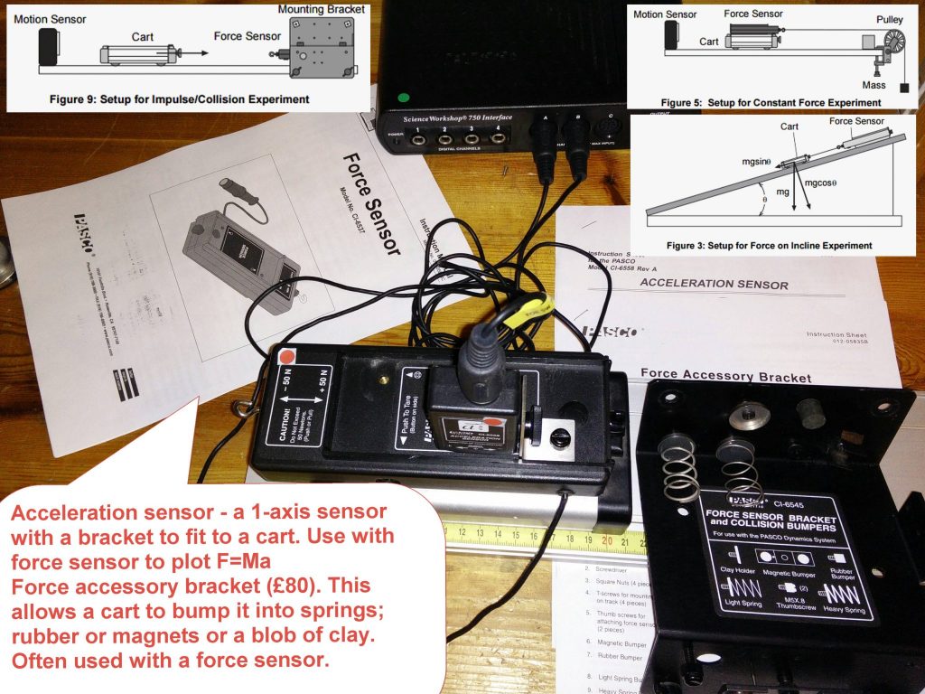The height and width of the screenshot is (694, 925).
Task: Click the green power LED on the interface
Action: tap(403, 97)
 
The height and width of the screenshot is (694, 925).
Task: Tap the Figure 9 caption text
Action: tap(180, 98)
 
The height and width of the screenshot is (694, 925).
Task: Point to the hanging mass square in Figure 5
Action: tap(904, 88)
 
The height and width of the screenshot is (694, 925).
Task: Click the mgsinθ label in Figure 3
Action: tap(755, 162)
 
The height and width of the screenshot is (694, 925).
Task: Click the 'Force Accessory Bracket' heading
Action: tap(713, 377)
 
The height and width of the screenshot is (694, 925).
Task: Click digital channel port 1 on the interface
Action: tap(419, 138)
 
